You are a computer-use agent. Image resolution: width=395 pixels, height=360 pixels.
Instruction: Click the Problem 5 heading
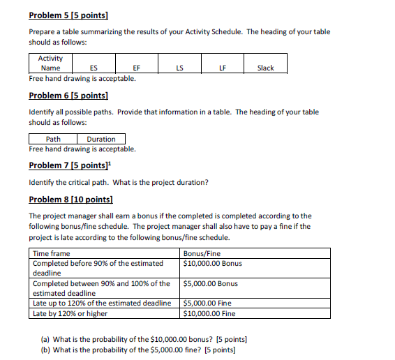(x=73, y=15)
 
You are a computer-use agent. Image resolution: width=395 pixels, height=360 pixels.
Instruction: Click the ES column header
(x=94, y=68)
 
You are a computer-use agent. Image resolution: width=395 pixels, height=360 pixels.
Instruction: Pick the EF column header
(x=136, y=68)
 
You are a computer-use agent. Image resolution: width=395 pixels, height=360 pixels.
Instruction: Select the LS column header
(x=179, y=68)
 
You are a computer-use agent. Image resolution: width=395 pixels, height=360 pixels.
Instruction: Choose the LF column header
(x=222, y=68)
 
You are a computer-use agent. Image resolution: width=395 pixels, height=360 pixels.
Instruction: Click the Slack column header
(x=265, y=68)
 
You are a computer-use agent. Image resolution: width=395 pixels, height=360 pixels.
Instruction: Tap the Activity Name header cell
(x=51, y=63)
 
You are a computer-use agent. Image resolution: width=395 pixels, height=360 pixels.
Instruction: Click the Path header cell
(x=53, y=139)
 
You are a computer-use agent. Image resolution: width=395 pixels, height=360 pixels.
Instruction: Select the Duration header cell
(x=101, y=139)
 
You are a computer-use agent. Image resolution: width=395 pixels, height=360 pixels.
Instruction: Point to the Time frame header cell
(x=52, y=253)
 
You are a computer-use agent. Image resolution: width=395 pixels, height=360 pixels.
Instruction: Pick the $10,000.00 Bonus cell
(x=212, y=263)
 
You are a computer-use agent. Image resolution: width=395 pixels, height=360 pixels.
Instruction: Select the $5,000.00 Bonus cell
(x=210, y=283)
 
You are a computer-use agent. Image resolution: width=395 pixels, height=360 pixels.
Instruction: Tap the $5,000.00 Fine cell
(x=207, y=303)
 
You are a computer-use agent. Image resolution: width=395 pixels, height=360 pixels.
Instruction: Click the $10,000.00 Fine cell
(x=209, y=313)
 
